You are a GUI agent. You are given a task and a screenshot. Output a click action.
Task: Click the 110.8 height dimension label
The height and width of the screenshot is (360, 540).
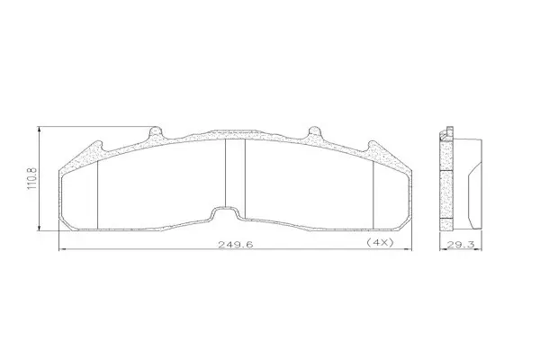click(x=31, y=178)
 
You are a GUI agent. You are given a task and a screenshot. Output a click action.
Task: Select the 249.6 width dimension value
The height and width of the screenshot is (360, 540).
click(x=236, y=245)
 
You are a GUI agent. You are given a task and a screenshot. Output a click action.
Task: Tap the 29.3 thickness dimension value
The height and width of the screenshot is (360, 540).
click(x=461, y=245)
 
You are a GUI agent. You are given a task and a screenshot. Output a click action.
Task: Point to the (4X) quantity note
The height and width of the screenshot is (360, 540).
click(x=380, y=242)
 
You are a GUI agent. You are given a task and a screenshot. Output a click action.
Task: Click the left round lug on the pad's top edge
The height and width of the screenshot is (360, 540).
click(x=156, y=131)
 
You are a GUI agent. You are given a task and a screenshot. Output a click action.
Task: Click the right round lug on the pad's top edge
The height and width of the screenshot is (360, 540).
click(x=314, y=131)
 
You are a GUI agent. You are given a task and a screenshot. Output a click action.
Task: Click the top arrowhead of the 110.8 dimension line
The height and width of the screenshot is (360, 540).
click(x=40, y=130)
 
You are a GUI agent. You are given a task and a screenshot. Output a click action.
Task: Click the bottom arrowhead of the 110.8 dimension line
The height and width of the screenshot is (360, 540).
click(x=40, y=228)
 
